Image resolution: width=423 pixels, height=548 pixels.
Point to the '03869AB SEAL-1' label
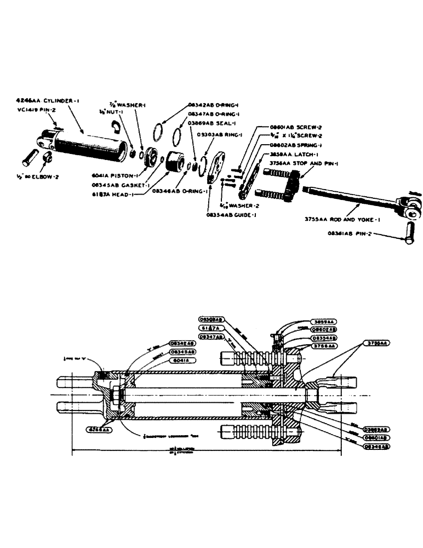tap(211, 123)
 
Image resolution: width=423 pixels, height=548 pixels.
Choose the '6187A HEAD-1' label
tap(113, 193)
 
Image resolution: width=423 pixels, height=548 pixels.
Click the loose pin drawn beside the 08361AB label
tap(408, 237)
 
